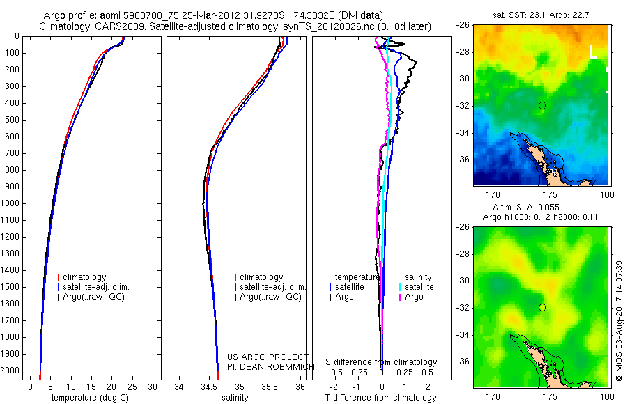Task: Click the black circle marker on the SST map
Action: (542, 105)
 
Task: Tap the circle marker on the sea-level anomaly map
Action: (542, 307)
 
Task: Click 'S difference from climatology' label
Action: (381, 362)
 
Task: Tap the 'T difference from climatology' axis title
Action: (381, 398)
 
